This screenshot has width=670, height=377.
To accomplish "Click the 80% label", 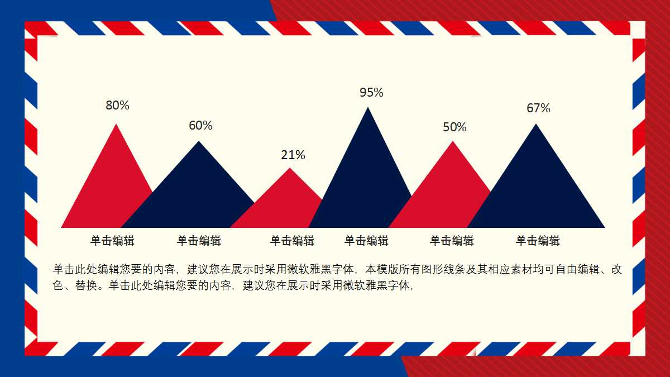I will pos(117,105).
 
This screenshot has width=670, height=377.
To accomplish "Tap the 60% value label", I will pos(200,125).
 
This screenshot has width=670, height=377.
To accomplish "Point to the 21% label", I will pos(293,155).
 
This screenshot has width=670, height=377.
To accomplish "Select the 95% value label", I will pos(371,93).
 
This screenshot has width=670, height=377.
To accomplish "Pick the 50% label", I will pos(454,127).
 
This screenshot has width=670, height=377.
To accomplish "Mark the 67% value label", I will pos(538,108).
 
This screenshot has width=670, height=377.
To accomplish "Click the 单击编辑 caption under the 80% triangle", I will pos(112,241).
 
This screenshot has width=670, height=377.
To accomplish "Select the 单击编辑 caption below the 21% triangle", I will pos(292,241).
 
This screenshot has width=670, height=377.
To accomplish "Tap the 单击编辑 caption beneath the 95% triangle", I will pos(366,241).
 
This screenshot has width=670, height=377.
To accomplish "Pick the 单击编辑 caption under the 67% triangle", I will pos(538,241).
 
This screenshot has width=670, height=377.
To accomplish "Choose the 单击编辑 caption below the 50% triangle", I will pos(452,241).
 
